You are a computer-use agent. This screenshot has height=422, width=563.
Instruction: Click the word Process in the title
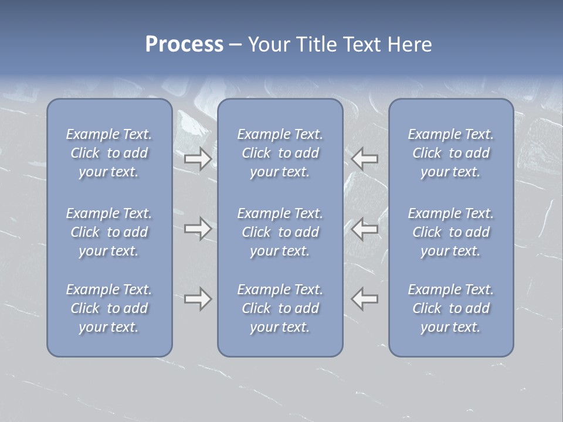pos(184,45)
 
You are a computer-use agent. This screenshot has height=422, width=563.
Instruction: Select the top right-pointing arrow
pos(198,159)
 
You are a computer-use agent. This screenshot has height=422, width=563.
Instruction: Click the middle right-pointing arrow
pos(198,229)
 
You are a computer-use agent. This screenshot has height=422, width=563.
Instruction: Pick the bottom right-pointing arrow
pos(198,299)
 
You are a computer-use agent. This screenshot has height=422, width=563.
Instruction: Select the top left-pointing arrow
pos(365,159)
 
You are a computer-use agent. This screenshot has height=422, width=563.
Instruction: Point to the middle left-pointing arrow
pos(365,229)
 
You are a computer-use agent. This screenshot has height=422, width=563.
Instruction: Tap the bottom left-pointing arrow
pos(365,299)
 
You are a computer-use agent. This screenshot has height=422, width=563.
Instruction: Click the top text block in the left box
pos(109,153)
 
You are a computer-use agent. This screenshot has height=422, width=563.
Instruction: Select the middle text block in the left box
pos(109,232)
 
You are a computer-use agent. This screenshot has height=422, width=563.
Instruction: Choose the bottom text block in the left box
pos(109,308)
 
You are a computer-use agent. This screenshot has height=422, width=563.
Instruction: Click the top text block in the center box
pos(280,153)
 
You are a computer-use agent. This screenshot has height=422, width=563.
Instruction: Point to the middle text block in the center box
pos(280,232)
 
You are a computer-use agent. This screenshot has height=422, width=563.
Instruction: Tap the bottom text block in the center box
pos(280,308)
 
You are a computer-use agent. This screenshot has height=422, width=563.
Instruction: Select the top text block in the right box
pos(451,153)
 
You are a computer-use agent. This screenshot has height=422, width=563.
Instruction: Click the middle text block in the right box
pos(451,232)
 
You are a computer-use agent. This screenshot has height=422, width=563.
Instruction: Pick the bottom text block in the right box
pos(451,308)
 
